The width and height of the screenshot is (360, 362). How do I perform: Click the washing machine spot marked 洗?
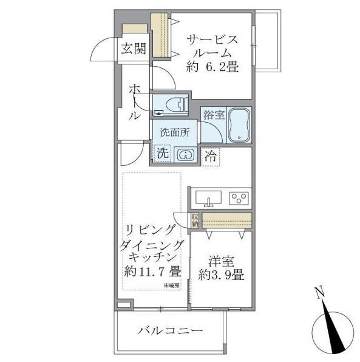(x=162, y=154)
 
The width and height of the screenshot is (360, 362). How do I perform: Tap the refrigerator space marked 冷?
(x=210, y=156)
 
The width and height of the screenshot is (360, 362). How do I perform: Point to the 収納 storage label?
(x=195, y=219)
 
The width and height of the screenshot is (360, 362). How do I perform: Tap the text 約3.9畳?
(x=221, y=275)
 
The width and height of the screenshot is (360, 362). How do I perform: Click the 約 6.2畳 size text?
(x=212, y=67)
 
